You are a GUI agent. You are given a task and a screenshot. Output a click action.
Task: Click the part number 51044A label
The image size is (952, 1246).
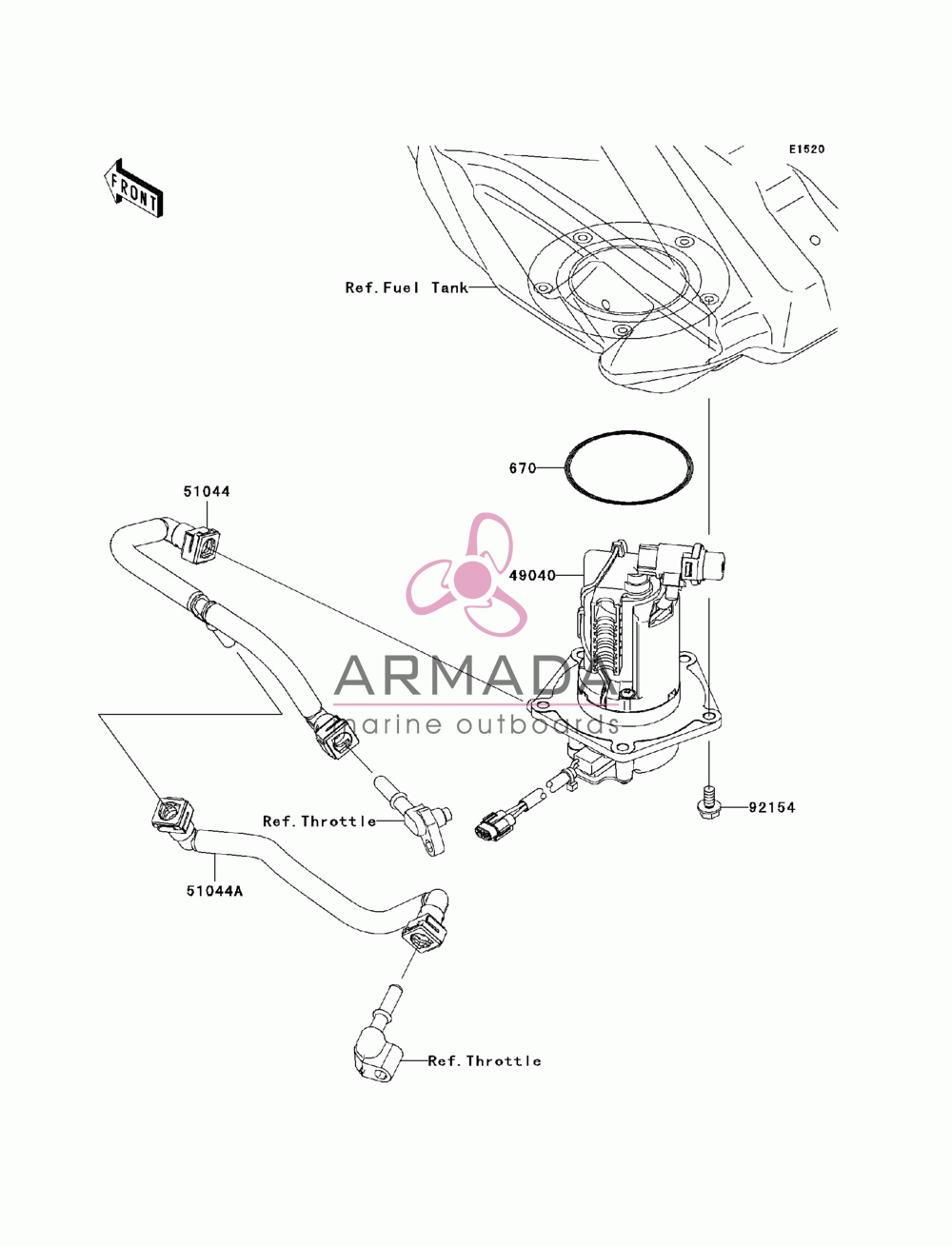[214, 891]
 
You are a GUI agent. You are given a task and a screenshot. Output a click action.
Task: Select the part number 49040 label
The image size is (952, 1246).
[532, 576]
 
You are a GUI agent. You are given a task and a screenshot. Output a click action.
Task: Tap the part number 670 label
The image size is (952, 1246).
[523, 468]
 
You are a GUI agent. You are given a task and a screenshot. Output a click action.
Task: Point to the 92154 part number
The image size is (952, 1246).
[771, 807]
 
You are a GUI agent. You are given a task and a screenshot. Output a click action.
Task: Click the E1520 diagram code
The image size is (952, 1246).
[806, 149]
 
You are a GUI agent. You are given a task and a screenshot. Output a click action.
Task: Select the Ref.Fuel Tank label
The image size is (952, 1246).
[407, 287]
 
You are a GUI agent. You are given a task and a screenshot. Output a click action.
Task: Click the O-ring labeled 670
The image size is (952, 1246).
[628, 432]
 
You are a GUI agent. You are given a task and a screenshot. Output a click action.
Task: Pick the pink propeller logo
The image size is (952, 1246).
[466, 575]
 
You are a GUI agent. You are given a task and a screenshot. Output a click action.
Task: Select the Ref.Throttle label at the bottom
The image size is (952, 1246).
[484, 1061]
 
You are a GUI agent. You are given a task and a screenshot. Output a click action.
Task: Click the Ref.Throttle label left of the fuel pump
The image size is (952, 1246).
[319, 821]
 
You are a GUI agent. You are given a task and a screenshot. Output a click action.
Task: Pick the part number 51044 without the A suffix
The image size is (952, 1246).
[207, 491]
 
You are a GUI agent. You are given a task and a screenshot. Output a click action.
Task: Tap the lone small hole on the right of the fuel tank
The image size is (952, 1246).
[816, 240]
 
